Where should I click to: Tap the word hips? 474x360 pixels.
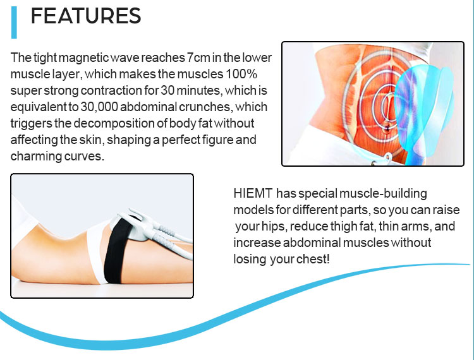tap(272, 226)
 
